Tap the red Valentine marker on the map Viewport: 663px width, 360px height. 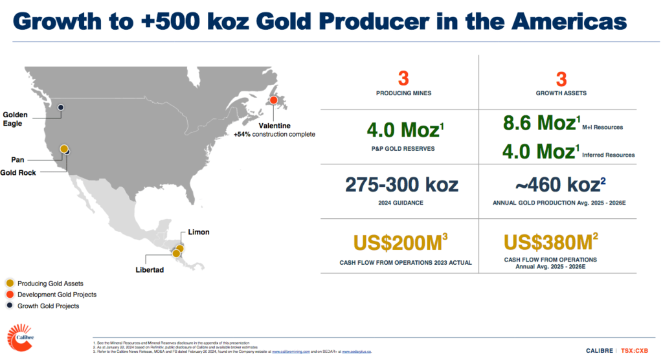274,101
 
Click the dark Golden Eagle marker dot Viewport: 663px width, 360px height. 61,107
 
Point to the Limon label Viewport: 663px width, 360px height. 199,232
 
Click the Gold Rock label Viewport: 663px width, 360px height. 19,172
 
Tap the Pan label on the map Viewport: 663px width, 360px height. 18,159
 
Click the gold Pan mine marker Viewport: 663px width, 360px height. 64,149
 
